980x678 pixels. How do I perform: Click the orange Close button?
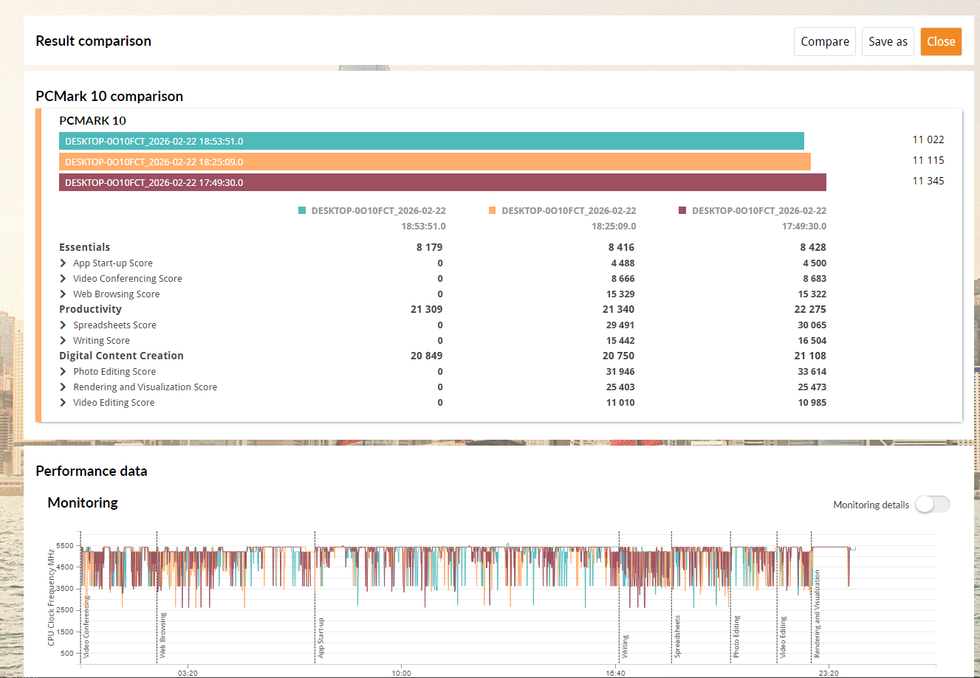pyautogui.click(x=941, y=41)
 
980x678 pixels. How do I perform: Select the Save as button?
pyautogui.click(x=888, y=41)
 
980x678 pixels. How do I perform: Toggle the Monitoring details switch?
pyautogui.click(x=932, y=504)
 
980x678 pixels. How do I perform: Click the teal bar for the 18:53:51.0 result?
pyautogui.click(x=431, y=141)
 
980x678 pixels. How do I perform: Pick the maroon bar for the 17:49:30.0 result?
pyautogui.click(x=443, y=182)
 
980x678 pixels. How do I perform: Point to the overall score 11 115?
pyautogui.click(x=928, y=160)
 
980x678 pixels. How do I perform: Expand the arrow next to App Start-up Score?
pyautogui.click(x=63, y=263)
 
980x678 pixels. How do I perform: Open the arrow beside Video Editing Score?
pyautogui.click(x=63, y=402)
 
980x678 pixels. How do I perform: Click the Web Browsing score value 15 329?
pyautogui.click(x=620, y=294)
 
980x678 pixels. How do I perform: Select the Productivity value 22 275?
pyautogui.click(x=810, y=309)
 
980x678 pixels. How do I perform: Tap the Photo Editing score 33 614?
pyautogui.click(x=812, y=371)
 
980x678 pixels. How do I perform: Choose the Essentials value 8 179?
pyautogui.click(x=429, y=247)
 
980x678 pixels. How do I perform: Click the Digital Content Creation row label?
pyautogui.click(x=121, y=356)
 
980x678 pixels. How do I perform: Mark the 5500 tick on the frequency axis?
pyautogui.click(x=65, y=545)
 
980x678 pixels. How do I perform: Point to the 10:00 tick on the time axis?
pyautogui.click(x=401, y=673)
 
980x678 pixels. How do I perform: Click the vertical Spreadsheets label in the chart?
pyautogui.click(x=677, y=636)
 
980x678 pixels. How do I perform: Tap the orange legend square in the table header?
pyautogui.click(x=492, y=210)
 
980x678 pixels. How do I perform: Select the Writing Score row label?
pyautogui.click(x=101, y=340)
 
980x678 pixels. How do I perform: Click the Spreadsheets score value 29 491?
pyautogui.click(x=620, y=325)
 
